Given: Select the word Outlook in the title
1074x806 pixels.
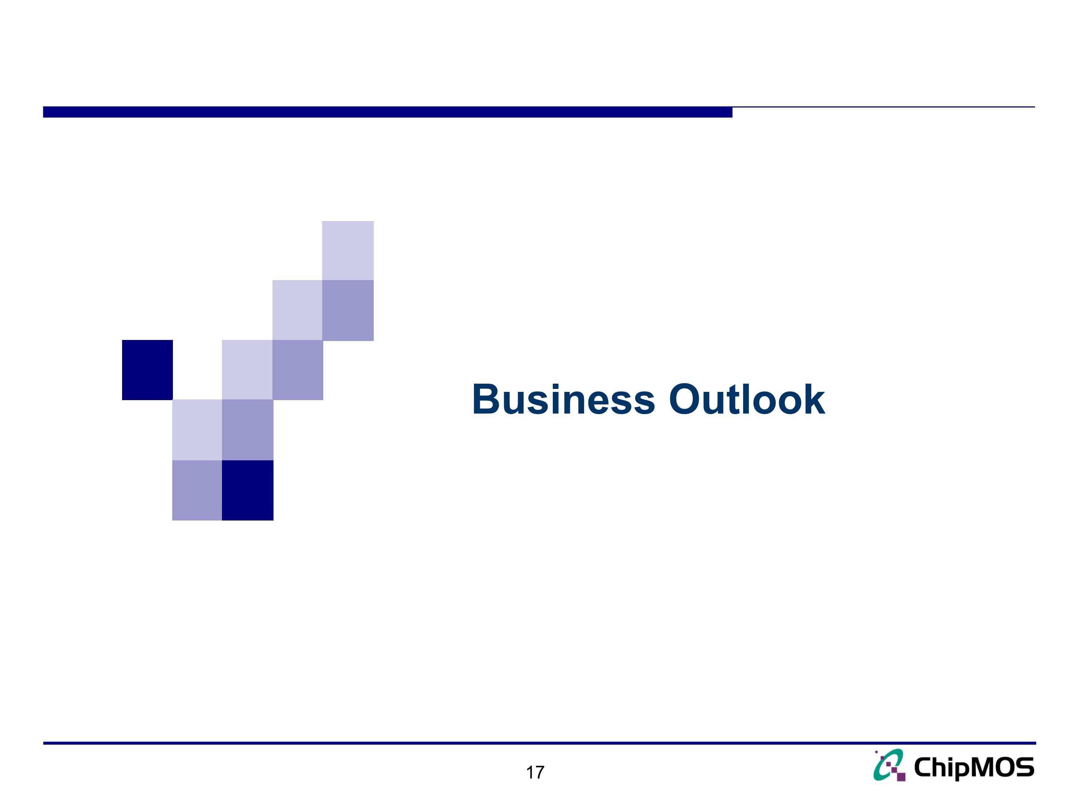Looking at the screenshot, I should (747, 400).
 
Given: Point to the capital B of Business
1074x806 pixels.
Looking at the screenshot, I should (487, 400).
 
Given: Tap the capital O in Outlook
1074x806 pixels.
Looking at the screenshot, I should (687, 400).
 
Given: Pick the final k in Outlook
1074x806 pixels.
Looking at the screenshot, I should (814, 400).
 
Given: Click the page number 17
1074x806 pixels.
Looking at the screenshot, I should (535, 772).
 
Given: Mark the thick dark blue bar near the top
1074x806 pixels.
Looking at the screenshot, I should (387, 112).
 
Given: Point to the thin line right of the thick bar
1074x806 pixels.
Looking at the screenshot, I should (884, 107).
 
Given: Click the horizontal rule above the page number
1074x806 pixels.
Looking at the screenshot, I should (539, 743).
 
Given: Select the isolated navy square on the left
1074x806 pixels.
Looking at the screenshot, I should (147, 370).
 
